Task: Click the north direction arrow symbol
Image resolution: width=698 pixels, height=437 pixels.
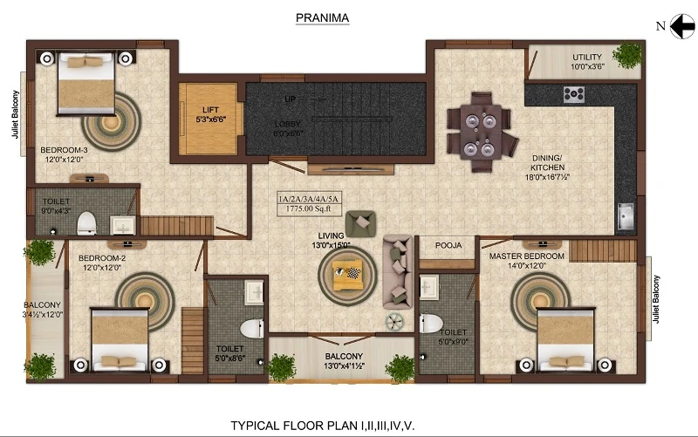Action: pos(677,26)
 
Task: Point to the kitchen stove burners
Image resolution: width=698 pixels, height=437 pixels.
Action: pos(573,94)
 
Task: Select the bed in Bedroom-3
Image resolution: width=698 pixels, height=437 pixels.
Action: pos(85,82)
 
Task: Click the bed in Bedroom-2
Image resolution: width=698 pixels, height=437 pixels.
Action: pos(119,339)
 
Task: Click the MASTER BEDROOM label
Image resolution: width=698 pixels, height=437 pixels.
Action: pos(525,256)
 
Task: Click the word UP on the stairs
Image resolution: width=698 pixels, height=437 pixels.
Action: pos(290,99)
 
